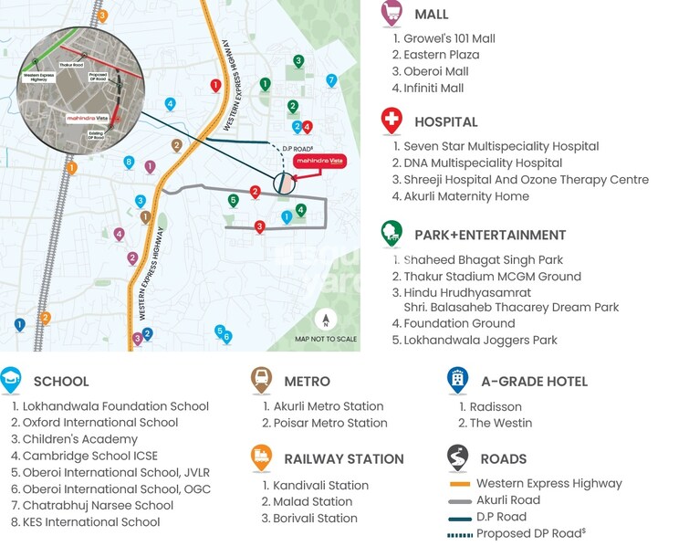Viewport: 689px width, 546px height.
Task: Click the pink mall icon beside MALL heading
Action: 391,13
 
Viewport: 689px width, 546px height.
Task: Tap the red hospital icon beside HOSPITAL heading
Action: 391,120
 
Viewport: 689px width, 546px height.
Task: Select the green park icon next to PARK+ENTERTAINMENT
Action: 391,233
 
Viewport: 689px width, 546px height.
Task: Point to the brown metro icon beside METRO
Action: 261,379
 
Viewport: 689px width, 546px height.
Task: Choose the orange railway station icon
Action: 261,457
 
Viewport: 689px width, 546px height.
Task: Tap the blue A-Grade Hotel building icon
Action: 457,379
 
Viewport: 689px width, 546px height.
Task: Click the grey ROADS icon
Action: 457,457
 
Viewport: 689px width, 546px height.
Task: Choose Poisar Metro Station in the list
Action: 330,424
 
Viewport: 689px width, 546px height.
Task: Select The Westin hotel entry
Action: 501,424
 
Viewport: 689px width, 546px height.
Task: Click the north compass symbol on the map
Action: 325,320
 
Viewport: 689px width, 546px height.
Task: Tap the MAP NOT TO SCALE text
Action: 325,340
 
